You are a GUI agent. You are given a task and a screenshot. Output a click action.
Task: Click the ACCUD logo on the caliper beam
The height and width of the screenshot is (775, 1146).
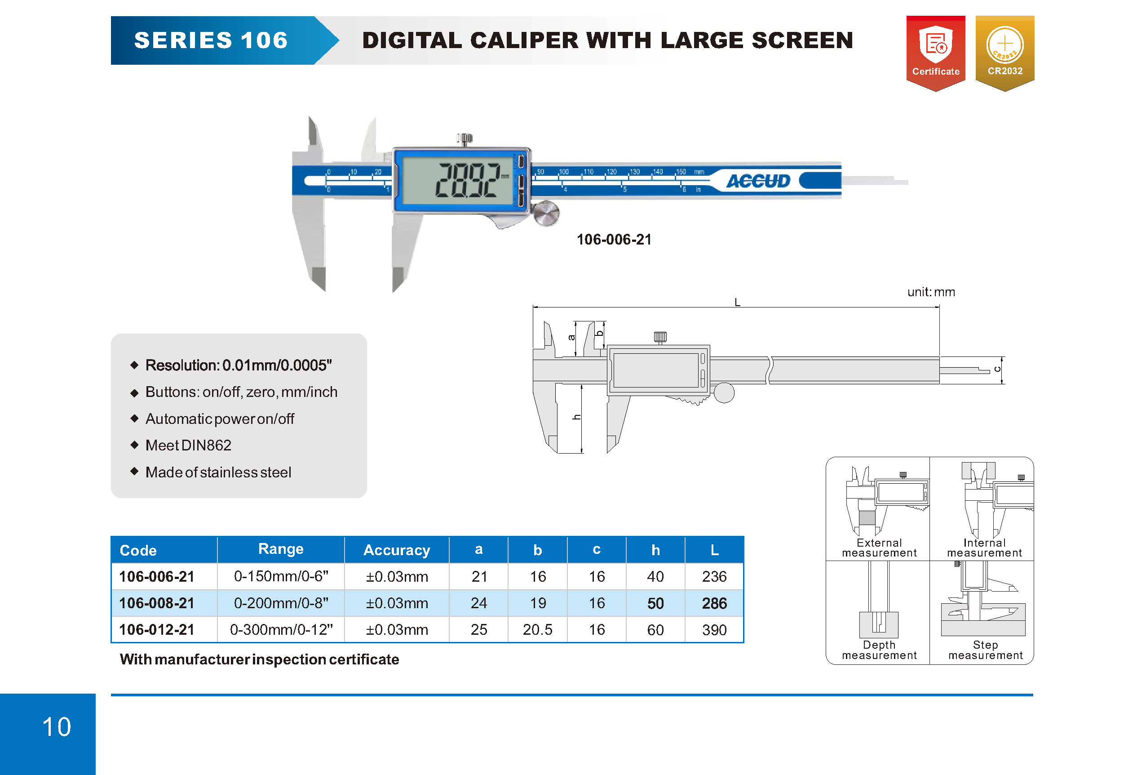[x=758, y=181]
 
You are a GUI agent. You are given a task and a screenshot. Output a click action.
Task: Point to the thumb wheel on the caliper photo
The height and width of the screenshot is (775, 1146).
[x=546, y=214]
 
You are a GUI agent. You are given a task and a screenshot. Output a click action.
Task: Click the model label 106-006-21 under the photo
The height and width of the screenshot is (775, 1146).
[x=614, y=240]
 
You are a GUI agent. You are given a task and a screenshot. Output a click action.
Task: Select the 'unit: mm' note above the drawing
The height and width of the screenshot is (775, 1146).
[x=931, y=292]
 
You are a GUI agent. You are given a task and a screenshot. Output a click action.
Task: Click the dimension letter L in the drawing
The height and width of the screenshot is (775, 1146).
[x=737, y=302]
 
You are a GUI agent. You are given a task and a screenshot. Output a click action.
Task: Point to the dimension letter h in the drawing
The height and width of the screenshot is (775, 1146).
[x=576, y=417]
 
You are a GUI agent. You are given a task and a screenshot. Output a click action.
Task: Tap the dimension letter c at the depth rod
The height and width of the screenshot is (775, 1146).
[x=997, y=369]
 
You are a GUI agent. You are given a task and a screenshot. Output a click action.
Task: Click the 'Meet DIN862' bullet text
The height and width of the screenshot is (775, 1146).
[x=188, y=445]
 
